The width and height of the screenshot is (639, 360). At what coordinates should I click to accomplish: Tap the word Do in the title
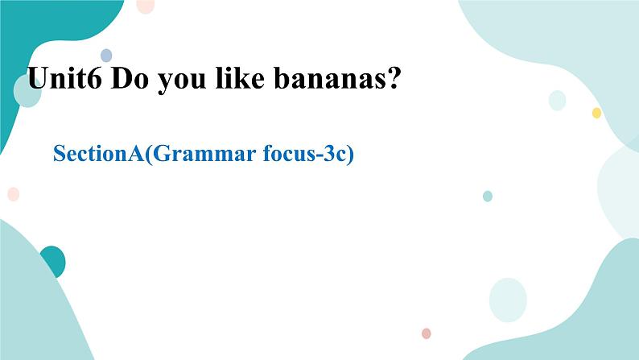click(x=126, y=79)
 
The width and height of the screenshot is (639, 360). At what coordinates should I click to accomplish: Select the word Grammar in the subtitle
click(x=193, y=154)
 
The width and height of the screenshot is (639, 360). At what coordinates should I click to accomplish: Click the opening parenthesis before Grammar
click(x=146, y=154)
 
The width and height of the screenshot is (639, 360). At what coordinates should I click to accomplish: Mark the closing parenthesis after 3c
click(x=351, y=154)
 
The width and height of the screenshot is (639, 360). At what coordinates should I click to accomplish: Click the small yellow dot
click(x=596, y=113)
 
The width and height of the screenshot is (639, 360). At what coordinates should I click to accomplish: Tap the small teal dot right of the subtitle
click(x=487, y=196)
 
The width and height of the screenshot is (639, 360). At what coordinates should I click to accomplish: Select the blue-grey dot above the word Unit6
click(x=105, y=56)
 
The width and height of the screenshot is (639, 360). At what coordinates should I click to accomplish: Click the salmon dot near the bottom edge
click(x=426, y=333)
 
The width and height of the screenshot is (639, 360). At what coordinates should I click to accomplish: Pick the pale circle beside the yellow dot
click(x=557, y=101)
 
